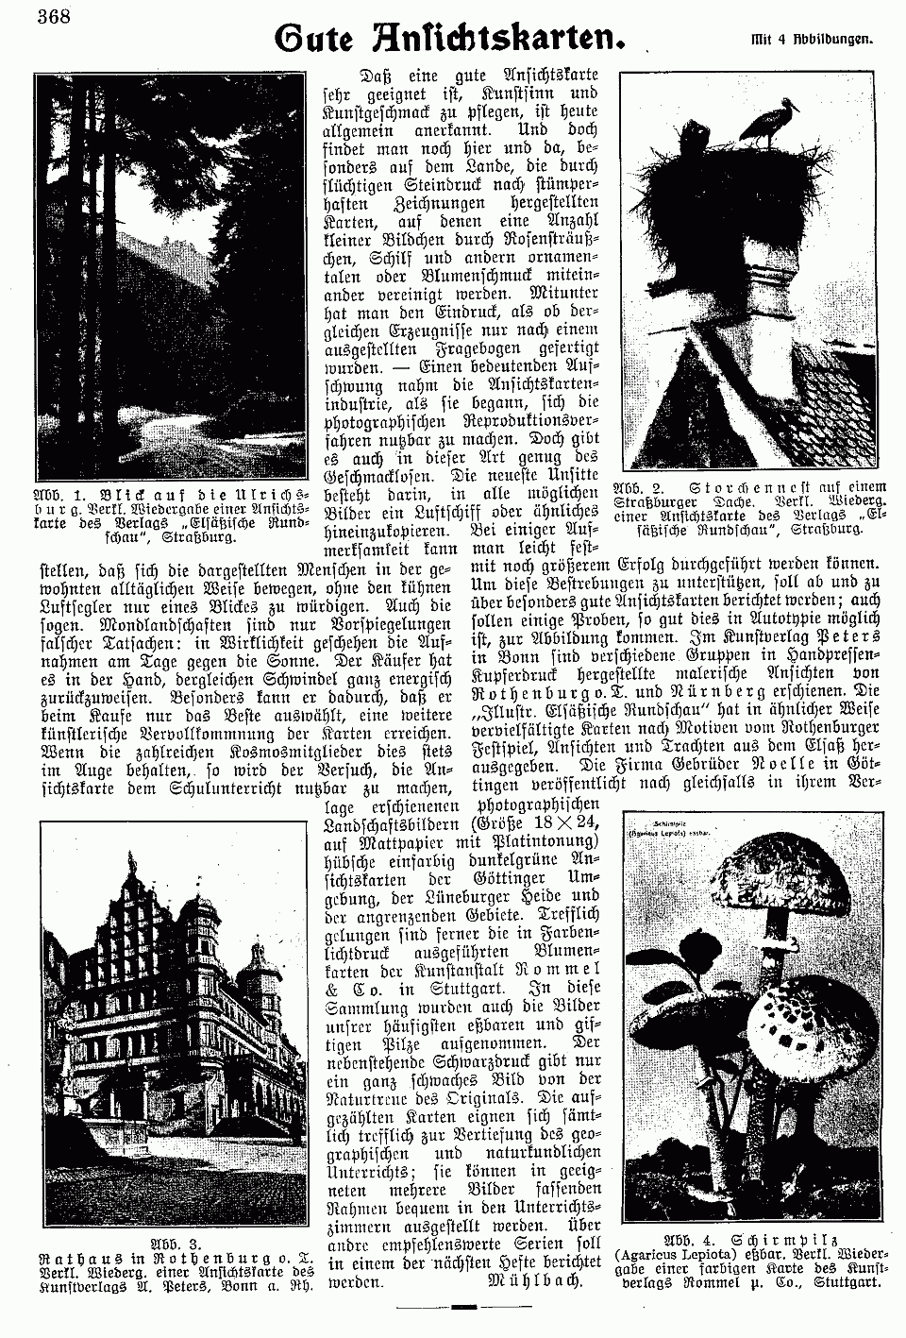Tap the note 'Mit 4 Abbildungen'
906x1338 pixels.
[812, 41]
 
